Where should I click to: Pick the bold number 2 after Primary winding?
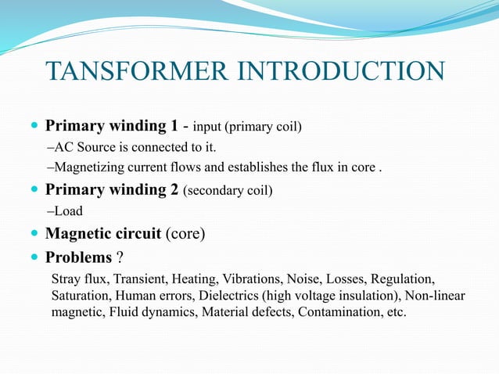173,189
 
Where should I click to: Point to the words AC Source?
86,147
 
